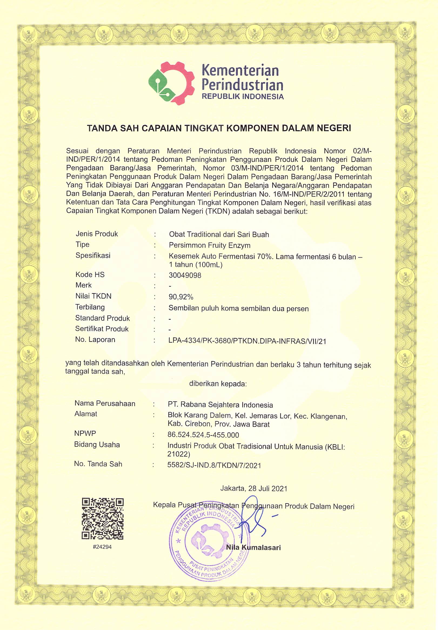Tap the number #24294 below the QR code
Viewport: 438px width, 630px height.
102,547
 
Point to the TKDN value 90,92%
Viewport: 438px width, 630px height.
181,297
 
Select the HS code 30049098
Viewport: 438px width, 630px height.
185,275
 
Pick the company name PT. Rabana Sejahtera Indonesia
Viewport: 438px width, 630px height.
220,405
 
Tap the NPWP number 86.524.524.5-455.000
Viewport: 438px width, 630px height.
203,435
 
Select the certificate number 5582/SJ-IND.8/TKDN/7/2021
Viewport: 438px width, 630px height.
214,466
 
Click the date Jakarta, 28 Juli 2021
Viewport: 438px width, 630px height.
253,488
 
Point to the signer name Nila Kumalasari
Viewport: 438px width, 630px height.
253,548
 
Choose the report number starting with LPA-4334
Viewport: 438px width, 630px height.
247,341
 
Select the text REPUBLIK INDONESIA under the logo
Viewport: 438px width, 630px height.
243,97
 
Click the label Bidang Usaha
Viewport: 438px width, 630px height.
97,444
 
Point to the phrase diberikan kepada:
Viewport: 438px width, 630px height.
218,384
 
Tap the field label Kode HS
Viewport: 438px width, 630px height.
90,275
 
